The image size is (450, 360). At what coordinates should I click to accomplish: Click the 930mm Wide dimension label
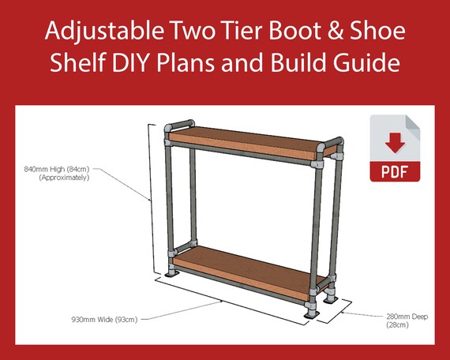[x=103, y=319]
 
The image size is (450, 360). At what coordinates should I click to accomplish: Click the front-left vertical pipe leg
[x=167, y=205]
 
